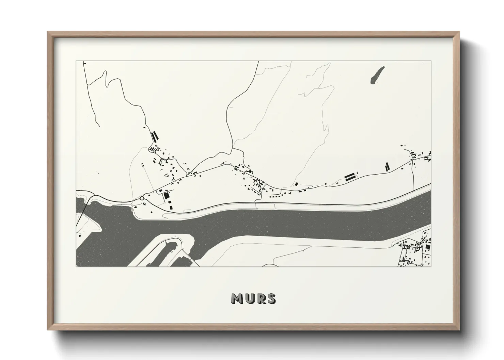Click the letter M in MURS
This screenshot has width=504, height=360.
[237, 298]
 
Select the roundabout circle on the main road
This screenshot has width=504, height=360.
[142, 198]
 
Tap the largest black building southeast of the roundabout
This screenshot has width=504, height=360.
[167, 196]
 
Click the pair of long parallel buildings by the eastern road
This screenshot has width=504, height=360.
[349, 177]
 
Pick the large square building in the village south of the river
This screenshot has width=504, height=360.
[427, 246]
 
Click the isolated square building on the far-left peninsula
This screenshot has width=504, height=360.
[79, 235]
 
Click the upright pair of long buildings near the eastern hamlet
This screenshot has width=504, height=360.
[387, 167]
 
